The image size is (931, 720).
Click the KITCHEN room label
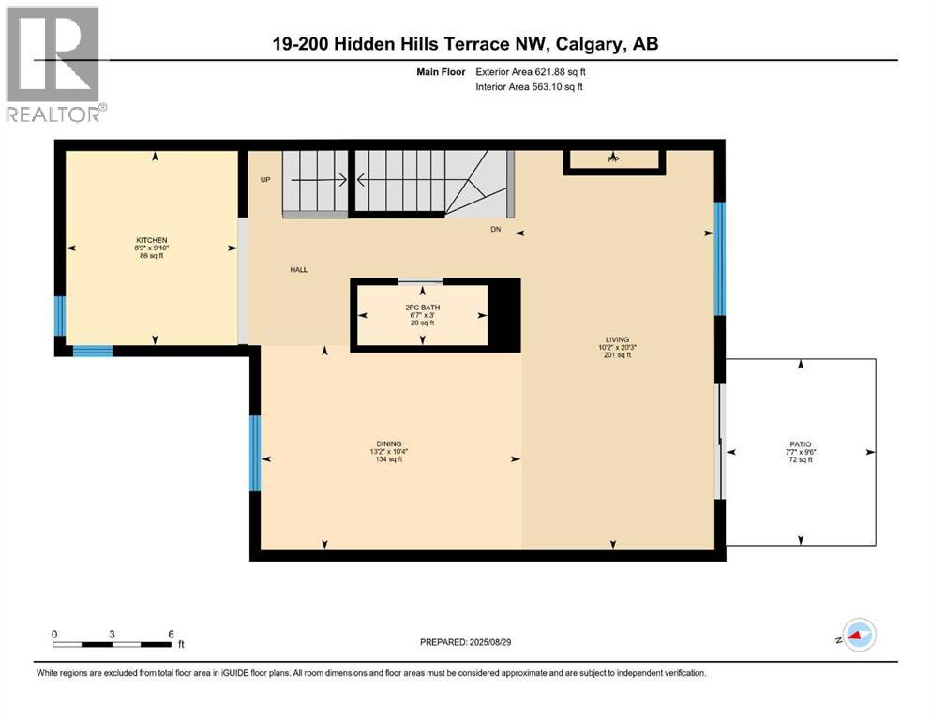151,240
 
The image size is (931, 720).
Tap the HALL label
298,270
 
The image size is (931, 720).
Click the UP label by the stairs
265,179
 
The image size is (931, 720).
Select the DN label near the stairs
495,229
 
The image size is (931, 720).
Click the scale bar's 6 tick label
171,634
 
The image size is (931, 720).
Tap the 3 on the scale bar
112,634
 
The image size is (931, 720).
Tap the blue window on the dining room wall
253,454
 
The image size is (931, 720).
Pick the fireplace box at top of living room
614,161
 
